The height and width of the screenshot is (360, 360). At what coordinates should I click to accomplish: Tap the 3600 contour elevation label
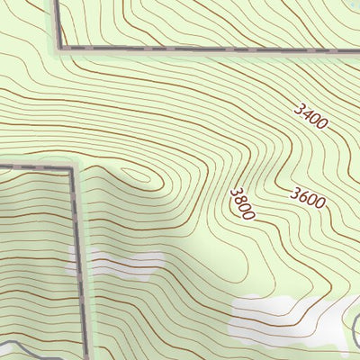coord(308,197)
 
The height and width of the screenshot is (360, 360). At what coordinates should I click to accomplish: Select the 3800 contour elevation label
coord(242,203)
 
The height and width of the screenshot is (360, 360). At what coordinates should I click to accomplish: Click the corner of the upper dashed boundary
coord(60,47)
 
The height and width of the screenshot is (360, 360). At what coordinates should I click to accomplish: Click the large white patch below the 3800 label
coord(279,317)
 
